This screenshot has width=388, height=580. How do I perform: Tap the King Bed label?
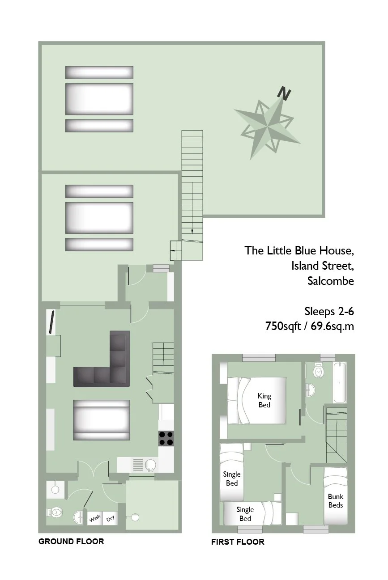(264, 400)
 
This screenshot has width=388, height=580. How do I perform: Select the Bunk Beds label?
(335, 500)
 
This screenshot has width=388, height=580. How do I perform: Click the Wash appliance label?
(94, 518)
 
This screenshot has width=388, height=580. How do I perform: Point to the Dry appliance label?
(110, 518)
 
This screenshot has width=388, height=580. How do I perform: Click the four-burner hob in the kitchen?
(166, 438)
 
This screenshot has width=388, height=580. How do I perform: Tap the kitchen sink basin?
(150, 466)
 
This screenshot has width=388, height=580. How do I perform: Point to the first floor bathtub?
(340, 382)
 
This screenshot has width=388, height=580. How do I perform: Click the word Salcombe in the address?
(330, 281)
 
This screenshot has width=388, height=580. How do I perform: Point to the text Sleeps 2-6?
(329, 311)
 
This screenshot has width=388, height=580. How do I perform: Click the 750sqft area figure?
(283, 326)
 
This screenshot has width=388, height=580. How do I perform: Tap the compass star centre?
(267, 127)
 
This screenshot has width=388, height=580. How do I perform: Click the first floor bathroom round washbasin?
(311, 389)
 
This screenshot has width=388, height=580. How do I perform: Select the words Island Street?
(322, 266)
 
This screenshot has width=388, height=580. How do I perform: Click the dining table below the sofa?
(101, 420)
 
